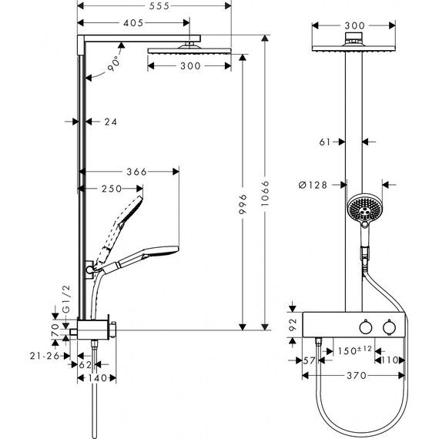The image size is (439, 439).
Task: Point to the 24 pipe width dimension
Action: [111, 121]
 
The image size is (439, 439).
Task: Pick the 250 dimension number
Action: [110, 189]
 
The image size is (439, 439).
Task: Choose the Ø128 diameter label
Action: [312, 185]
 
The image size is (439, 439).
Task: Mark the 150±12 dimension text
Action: [355, 351]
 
